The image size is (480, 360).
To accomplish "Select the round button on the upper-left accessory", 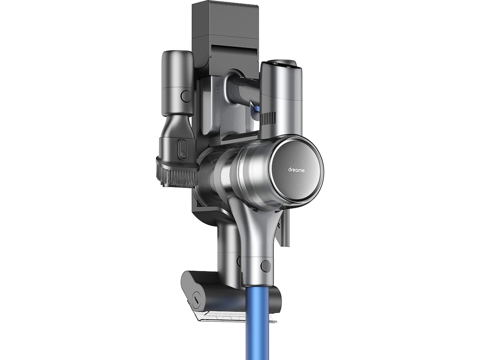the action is pos(186,96).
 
